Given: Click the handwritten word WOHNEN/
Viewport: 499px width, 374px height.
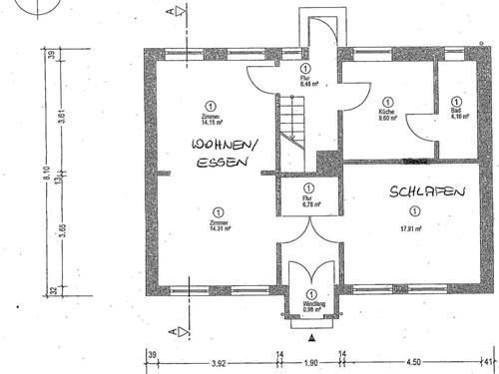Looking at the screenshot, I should [x=226, y=147].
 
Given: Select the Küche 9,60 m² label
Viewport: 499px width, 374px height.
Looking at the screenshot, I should [x=387, y=113].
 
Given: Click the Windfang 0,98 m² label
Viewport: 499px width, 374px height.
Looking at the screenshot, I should [x=313, y=306].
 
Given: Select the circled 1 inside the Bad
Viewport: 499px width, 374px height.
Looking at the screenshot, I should [x=456, y=101].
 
